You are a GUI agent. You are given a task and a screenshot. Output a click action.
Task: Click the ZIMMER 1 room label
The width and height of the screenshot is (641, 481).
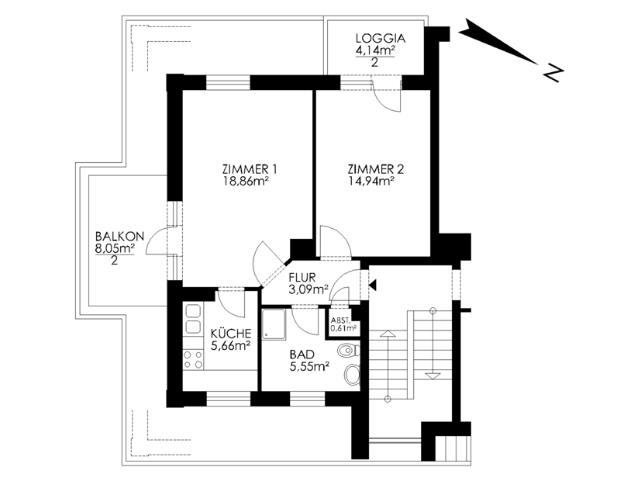point(250,169)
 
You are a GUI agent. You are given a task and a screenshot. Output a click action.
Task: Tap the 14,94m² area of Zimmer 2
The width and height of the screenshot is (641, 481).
point(370,182)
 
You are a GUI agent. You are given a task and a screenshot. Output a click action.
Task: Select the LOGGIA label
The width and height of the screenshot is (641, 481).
point(381,39)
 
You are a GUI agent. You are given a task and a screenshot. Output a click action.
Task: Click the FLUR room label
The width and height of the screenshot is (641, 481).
point(302,277)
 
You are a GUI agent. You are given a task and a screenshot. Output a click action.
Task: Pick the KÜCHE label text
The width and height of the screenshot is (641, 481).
point(231,334)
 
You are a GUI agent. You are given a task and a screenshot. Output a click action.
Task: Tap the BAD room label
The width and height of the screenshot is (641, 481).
point(302,355)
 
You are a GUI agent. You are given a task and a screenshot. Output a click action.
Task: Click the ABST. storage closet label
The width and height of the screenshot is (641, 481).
point(339,320)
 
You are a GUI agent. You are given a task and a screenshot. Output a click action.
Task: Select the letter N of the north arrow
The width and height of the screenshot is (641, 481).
point(554,72)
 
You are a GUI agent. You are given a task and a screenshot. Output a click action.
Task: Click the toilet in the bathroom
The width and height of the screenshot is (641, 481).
point(349,351)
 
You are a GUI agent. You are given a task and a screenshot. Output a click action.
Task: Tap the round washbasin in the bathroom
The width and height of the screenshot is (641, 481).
point(352,375)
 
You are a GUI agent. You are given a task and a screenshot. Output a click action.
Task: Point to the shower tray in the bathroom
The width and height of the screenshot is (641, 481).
point(274,324)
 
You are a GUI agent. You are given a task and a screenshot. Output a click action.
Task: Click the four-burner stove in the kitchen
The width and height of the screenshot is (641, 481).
point(193,359)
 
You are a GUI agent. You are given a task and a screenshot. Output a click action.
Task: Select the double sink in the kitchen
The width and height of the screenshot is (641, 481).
point(193,319)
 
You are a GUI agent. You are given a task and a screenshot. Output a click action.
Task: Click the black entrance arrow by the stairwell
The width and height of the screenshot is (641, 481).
point(372,285)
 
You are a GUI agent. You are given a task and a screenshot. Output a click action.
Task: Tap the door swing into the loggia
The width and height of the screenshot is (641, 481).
point(387,95)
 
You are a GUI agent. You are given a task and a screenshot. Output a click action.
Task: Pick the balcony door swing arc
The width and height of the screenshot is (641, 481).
point(157,241)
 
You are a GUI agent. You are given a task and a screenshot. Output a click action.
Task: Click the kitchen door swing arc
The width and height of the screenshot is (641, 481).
point(232,303)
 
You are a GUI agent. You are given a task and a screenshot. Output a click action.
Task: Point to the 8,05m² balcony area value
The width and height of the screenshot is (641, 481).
point(115,248)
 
